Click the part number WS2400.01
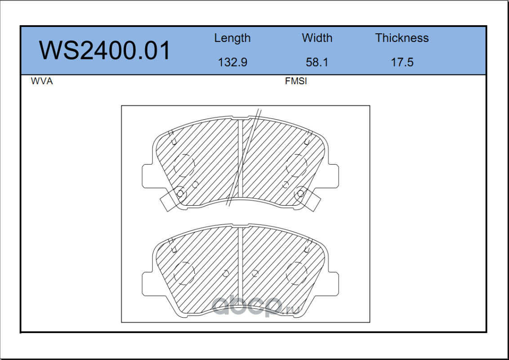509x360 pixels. [104, 50]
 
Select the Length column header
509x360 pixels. [232, 38]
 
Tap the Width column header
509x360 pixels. [317, 38]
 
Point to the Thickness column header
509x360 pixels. [402, 38]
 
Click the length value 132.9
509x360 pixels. [232, 62]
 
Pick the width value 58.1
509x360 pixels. [317, 62]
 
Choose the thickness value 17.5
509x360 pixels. [402, 62]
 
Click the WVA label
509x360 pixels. [42, 81]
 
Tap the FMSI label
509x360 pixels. [296, 81]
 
